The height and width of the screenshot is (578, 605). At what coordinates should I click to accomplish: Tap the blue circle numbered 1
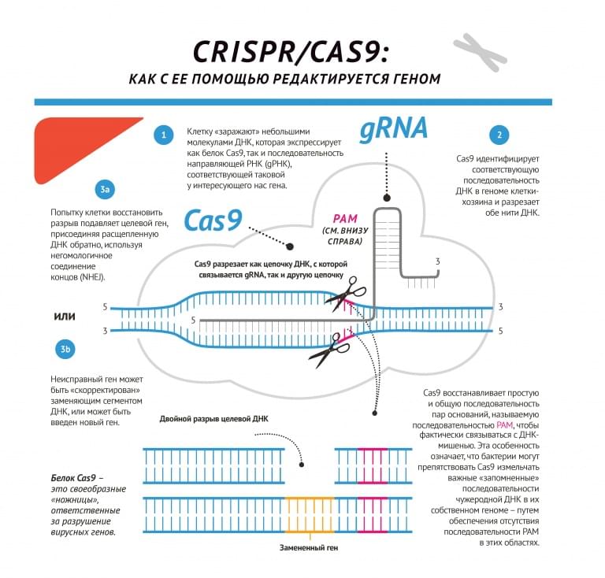point(163,135)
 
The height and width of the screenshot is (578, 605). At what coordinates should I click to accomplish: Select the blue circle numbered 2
point(498,135)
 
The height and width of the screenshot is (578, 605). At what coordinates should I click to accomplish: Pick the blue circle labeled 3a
point(106,190)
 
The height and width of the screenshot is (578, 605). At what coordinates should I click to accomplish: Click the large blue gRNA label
point(393,128)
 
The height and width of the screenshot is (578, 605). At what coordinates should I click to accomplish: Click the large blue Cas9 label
point(213,220)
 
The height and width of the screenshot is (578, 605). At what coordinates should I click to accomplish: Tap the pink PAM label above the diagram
point(346,218)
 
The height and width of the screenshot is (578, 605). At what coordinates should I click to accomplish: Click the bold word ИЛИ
point(64,317)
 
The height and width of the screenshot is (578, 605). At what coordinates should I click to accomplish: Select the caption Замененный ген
point(309,547)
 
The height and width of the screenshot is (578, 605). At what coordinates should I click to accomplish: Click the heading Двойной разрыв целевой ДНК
point(213,418)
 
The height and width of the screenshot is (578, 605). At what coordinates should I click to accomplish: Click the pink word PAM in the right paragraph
point(505,424)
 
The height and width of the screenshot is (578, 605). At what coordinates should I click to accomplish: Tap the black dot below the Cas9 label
point(289,246)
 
